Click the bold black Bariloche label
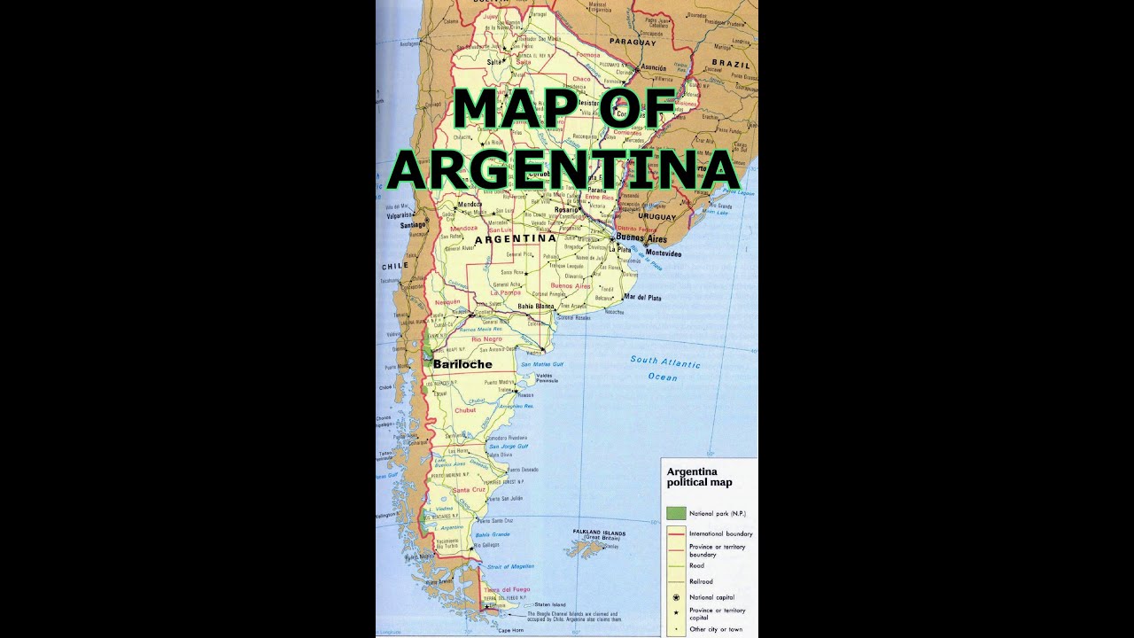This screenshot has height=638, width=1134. (462, 364)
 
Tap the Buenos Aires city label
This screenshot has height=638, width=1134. (641, 239)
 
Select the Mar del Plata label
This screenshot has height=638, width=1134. (642, 298)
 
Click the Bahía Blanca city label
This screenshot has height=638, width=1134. (535, 307)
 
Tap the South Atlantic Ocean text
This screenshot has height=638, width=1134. (664, 369)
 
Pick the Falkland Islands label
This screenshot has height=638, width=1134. (599, 533)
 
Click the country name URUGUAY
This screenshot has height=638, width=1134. (656, 216)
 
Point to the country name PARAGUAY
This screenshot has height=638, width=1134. (633, 42)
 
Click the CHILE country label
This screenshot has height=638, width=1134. (395, 266)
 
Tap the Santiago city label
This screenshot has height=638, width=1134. (414, 225)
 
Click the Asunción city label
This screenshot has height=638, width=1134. (653, 68)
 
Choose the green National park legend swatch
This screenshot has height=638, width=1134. (676, 513)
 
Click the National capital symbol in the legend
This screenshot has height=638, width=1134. (676, 597)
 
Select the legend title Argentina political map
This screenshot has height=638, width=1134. (700, 478)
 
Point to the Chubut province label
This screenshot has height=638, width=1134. (465, 410)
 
